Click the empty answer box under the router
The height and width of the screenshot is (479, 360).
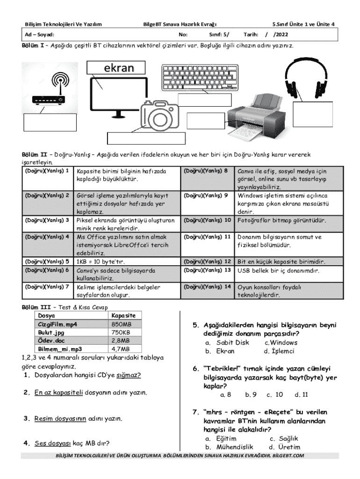[50, 123]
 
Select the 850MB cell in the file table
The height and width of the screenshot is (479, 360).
[122, 324]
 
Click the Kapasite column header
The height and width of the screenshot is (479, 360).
[123, 316]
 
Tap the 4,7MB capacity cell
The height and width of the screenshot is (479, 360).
[121, 348]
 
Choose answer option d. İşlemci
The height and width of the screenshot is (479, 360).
[279, 351]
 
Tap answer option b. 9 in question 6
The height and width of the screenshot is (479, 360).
[251, 394]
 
